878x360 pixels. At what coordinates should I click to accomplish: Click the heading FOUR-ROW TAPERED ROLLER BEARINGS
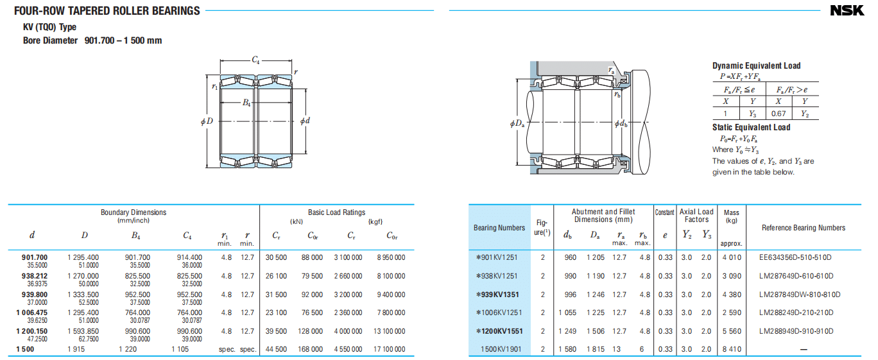pyautogui.click(x=107, y=11)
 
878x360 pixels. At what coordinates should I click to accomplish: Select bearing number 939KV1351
pyautogui.click(x=497, y=295)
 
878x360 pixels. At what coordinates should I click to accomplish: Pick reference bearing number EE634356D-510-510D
pyautogui.click(x=795, y=257)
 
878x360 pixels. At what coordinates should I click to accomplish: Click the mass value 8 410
pyautogui.click(x=731, y=349)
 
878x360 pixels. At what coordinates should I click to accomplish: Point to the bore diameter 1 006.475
pyautogui.click(x=33, y=313)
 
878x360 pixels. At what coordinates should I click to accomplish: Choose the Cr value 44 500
pyautogui.click(x=275, y=349)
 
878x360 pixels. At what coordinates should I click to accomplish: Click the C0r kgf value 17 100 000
pyautogui.click(x=390, y=349)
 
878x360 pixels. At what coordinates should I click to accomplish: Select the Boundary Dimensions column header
pyautogui.click(x=133, y=212)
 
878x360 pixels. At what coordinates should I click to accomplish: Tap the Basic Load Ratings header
pyautogui.click(x=336, y=212)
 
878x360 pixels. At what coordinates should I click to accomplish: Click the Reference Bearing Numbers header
pyautogui.click(x=803, y=228)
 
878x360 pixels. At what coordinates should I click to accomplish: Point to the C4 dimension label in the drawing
pyautogui.click(x=255, y=60)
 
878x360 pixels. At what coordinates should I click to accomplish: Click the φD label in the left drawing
pyautogui.click(x=206, y=121)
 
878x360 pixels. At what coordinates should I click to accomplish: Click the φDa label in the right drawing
pyautogui.click(x=517, y=124)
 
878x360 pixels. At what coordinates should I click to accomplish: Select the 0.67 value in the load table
pyautogui.click(x=778, y=114)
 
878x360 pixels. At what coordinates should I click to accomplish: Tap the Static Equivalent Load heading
pyautogui.click(x=751, y=127)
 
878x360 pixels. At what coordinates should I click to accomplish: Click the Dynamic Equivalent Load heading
pyautogui.click(x=756, y=65)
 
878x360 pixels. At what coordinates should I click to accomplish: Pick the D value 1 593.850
pyautogui.click(x=83, y=331)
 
